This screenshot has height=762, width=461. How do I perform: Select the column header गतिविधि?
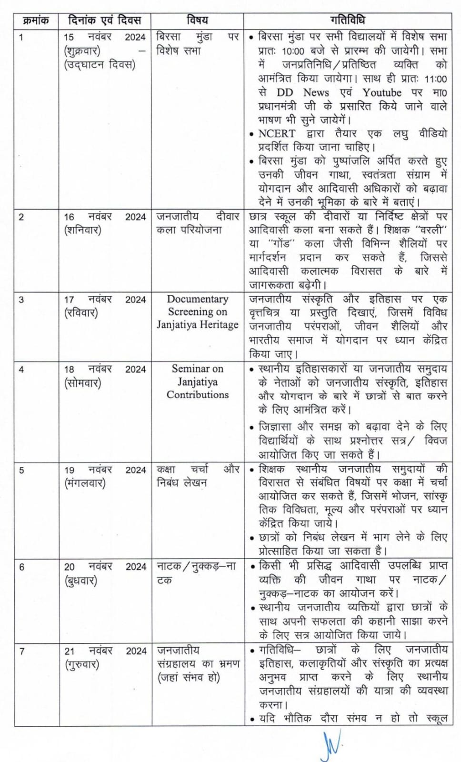point(348,20)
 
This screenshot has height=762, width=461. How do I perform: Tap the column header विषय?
point(197,20)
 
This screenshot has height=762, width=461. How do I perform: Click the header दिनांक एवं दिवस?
point(105,20)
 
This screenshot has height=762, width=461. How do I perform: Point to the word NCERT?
point(277,134)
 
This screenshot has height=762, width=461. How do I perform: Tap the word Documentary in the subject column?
point(198,299)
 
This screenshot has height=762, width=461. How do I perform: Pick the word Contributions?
point(198,395)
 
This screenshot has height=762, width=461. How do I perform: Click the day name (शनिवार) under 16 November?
point(83,230)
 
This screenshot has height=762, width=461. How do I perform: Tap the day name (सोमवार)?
point(83,382)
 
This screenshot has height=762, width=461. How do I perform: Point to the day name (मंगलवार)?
point(85,483)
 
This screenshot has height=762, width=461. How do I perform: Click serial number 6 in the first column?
point(22,567)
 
